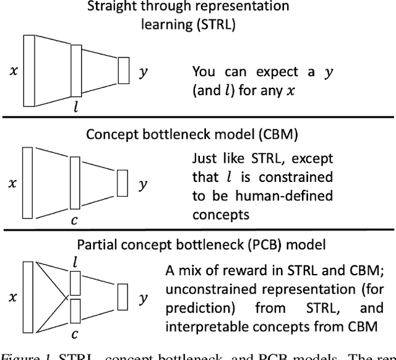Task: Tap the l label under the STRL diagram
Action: pos(75,106)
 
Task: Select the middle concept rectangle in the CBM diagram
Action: pos(75,186)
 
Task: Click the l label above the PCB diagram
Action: pos(75,262)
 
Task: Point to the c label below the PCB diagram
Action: pos(75,334)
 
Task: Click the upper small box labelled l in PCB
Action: pos(75,282)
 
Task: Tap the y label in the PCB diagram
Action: pos(143,298)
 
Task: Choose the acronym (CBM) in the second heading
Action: pos(251,134)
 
